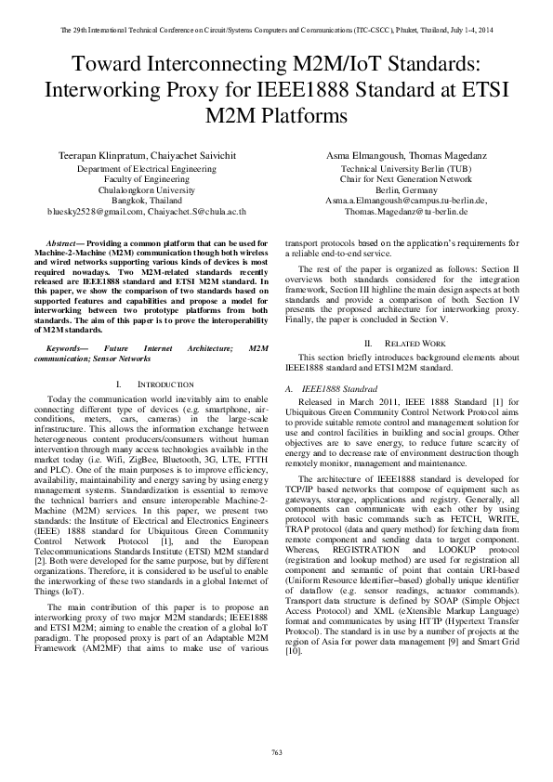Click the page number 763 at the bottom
tap(276, 750)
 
